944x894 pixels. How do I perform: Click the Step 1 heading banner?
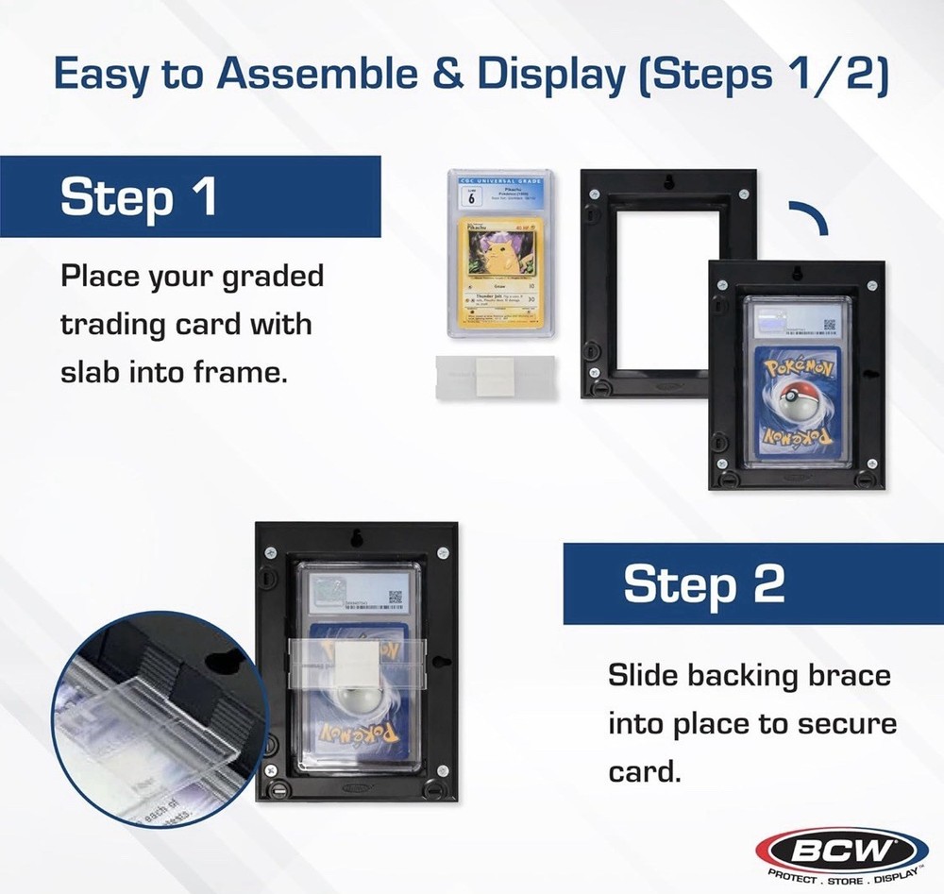pyautogui.click(x=189, y=196)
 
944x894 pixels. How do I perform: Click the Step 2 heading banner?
pyautogui.click(x=751, y=583)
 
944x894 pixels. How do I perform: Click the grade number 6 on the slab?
pyautogui.click(x=469, y=196)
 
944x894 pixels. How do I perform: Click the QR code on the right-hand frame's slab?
pyautogui.click(x=830, y=326)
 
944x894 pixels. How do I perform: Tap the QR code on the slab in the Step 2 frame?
pyautogui.click(x=396, y=597)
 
